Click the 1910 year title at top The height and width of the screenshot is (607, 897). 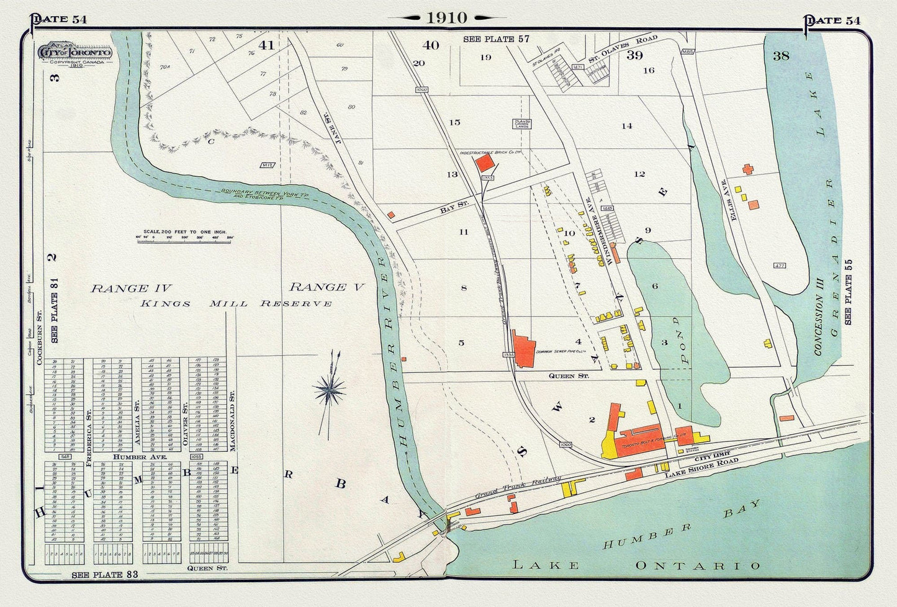click(x=446, y=17)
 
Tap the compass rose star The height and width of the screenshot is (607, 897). click(x=330, y=391)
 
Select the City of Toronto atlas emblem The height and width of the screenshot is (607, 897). click(x=75, y=54)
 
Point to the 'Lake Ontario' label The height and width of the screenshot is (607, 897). click(x=636, y=565)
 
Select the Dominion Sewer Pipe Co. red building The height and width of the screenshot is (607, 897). click(x=523, y=351)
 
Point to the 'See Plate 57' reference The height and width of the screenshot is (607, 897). click(x=496, y=39)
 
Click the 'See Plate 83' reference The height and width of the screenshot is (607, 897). click(x=104, y=575)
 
